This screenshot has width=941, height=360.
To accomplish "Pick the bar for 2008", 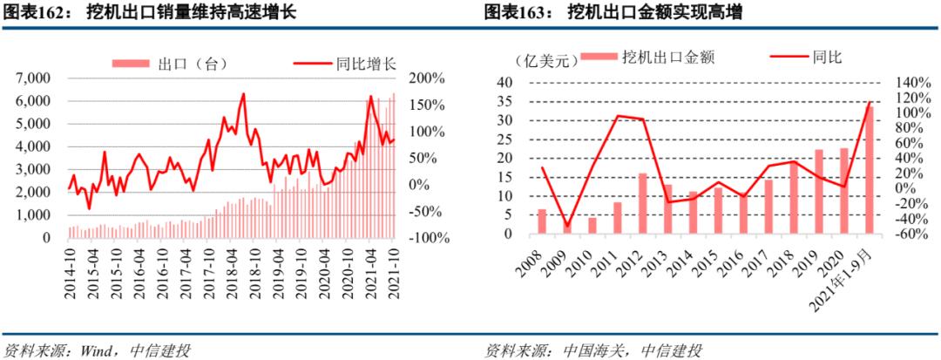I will coord(542,221).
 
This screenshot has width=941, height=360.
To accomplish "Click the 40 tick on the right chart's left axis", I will coord(504,82).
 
